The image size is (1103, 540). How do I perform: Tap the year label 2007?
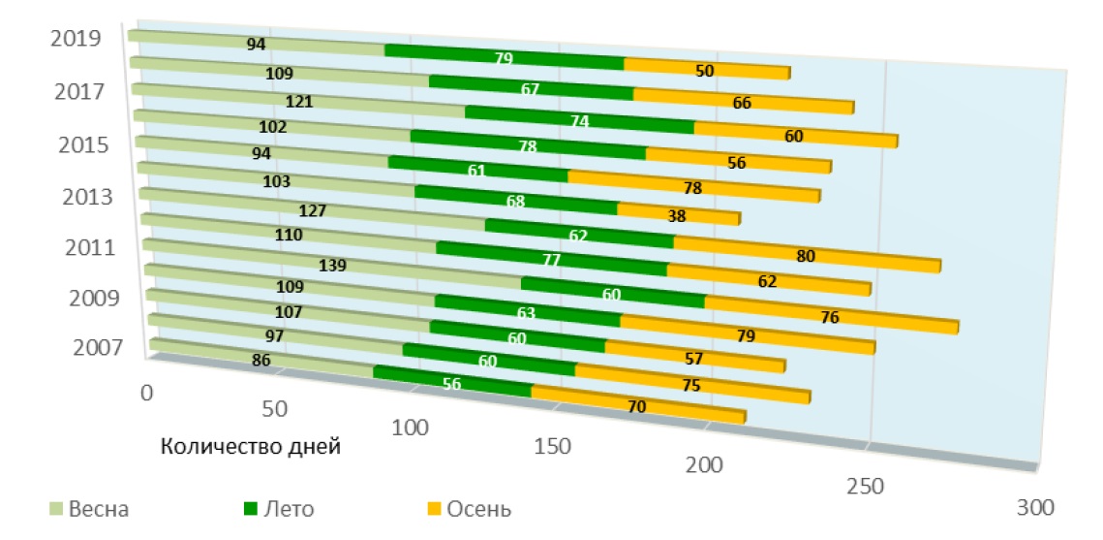point(99,346)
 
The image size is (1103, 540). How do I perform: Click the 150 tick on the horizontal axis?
point(553,446)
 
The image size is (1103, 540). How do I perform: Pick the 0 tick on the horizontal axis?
point(147,393)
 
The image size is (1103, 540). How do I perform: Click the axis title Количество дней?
point(251,447)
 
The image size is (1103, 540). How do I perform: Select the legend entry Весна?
point(98,509)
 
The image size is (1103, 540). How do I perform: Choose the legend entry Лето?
point(287,509)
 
